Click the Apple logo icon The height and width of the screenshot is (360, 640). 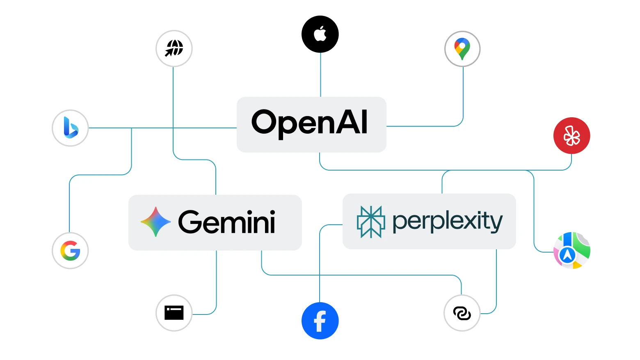(x=320, y=34)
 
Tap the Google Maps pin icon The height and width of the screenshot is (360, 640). (x=462, y=49)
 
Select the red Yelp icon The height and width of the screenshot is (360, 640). (x=571, y=136)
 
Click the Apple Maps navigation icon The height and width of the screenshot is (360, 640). (x=571, y=250)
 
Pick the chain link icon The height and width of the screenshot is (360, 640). (x=462, y=313)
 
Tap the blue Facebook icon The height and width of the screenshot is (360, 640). (x=320, y=321)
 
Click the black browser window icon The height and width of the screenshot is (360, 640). (x=174, y=313)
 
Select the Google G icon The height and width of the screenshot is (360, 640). (x=70, y=251)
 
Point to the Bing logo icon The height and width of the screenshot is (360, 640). (x=70, y=128)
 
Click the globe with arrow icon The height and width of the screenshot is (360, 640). (x=174, y=48)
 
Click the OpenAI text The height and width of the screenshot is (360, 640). (x=310, y=123)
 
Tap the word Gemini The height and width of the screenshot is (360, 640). (x=226, y=223)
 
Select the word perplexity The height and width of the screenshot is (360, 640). (x=447, y=222)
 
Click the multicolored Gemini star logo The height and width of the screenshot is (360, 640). (x=155, y=222)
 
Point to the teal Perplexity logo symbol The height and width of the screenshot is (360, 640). (x=371, y=222)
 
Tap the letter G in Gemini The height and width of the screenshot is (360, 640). (x=191, y=222)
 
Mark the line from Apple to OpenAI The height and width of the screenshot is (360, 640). (x=320, y=75)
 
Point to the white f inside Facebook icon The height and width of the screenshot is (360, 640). (x=320, y=321)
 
